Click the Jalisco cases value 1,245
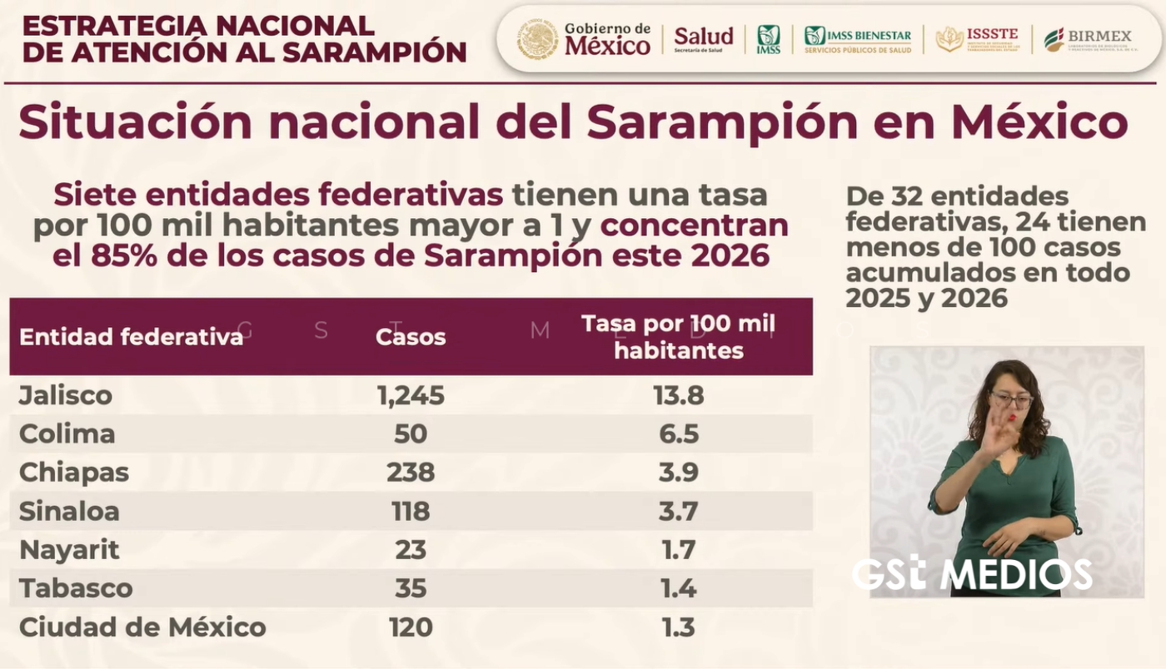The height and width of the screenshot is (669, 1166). tap(411, 395)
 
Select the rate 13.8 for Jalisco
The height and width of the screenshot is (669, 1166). tap(679, 395)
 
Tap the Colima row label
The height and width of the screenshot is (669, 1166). tap(67, 434)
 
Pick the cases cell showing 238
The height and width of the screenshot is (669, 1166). tap(411, 473)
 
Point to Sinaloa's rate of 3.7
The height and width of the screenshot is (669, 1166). tap(678, 512)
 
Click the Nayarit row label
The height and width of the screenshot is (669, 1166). tap(69, 550)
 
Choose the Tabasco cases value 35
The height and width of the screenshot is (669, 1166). tap(411, 588)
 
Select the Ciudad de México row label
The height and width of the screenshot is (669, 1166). tap(142, 627)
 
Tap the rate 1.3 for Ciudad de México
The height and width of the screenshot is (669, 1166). tap(678, 627)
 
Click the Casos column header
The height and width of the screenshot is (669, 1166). tap(411, 337)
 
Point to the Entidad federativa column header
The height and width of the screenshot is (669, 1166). tap(131, 337)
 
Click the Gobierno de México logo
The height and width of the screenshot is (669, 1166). tap(583, 39)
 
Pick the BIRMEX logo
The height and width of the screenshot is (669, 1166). tap(1087, 38)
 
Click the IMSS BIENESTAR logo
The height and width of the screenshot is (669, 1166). tap(858, 38)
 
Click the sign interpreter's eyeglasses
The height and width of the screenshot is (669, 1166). tap(1011, 400)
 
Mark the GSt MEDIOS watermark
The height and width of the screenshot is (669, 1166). tap(971, 574)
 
